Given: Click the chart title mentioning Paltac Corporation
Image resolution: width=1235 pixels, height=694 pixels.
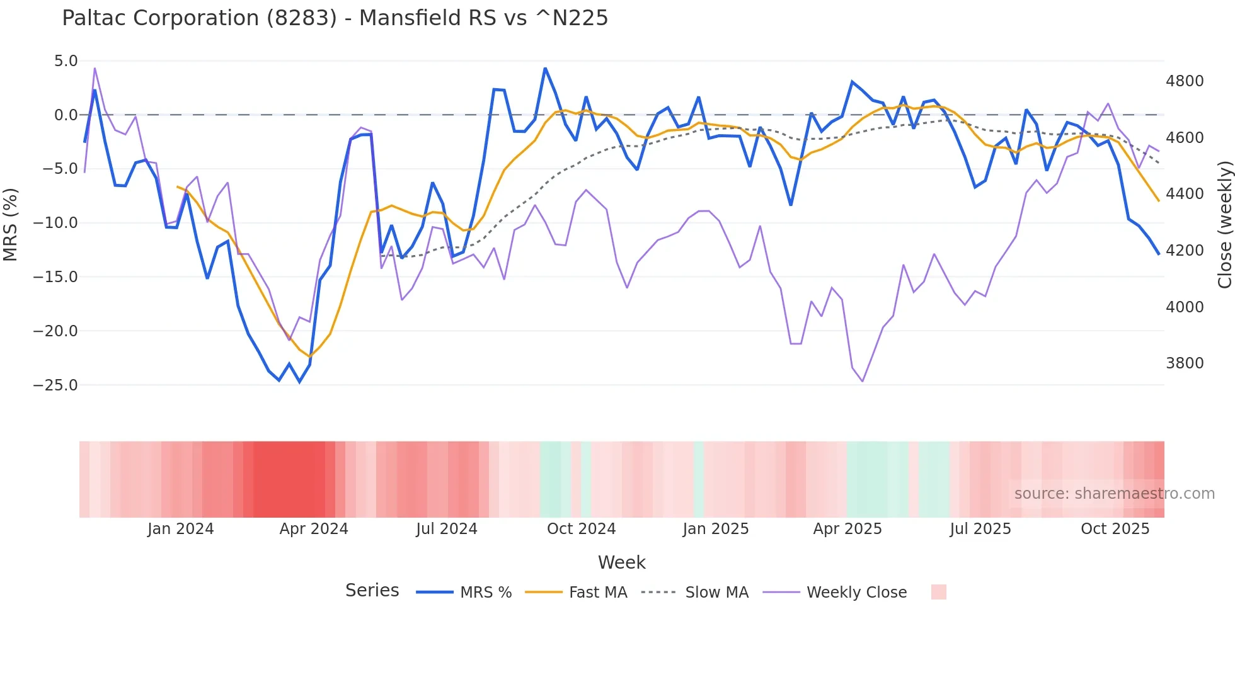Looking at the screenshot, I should pyautogui.click(x=335, y=18).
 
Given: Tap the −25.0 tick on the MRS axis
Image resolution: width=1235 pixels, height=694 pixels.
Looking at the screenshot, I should pyautogui.click(x=55, y=385).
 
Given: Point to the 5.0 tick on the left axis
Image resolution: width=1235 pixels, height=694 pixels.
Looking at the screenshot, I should pyautogui.click(x=66, y=61).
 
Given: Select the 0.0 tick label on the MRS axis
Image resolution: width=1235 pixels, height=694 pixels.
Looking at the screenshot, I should pyautogui.click(x=66, y=115).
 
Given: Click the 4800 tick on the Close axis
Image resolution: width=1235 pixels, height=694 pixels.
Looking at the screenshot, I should pyautogui.click(x=1185, y=81).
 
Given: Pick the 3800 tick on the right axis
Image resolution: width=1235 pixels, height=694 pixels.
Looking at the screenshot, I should pyautogui.click(x=1185, y=363).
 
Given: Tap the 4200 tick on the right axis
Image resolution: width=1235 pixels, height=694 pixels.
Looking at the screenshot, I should pyautogui.click(x=1185, y=251).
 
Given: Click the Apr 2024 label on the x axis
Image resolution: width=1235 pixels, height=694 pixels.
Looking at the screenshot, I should pyautogui.click(x=314, y=529).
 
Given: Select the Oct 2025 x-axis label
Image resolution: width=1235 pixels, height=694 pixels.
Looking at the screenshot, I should pyautogui.click(x=1115, y=529).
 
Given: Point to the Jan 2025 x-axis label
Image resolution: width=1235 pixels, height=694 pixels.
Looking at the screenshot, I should pyautogui.click(x=715, y=529).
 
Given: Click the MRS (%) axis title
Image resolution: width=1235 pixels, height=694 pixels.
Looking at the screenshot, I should pyautogui.click(x=11, y=224).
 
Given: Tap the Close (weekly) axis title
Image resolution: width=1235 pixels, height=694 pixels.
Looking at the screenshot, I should pyautogui.click(x=1224, y=224).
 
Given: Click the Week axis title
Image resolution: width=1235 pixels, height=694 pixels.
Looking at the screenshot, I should pyautogui.click(x=621, y=562).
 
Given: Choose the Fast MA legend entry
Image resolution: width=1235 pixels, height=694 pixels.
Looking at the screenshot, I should pyautogui.click(x=597, y=593).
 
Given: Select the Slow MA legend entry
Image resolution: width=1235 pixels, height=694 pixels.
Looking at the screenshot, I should pyautogui.click(x=716, y=593).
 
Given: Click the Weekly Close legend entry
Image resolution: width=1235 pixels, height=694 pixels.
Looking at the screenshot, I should pyautogui.click(x=856, y=593).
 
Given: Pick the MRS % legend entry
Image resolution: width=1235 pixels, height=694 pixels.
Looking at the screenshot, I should pyautogui.click(x=485, y=593).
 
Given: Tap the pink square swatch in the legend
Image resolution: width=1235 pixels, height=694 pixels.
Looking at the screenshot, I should pyautogui.click(x=938, y=592).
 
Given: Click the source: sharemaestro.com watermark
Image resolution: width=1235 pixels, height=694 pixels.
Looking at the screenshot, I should pyautogui.click(x=1114, y=494).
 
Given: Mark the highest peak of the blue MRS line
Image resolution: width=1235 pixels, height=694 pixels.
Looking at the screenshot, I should pyautogui.click(x=545, y=68).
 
